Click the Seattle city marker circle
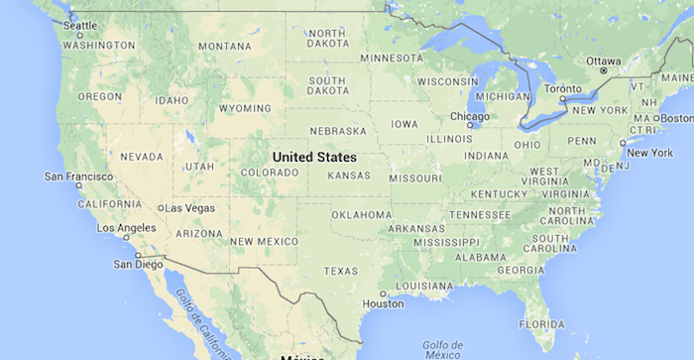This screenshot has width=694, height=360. coord(79,36)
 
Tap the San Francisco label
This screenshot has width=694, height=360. coord(77,176)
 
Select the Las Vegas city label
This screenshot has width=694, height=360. coord(189,208)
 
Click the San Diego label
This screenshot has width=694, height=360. coord(136,264)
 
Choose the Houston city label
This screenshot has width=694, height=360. coord(384,304)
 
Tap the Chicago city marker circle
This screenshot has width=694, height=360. coord(472,126)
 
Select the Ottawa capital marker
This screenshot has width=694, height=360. coord(603,71)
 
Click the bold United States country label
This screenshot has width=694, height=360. coord(314,157)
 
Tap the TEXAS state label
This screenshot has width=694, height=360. coord(341,271)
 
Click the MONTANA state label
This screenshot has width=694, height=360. coord(224,46)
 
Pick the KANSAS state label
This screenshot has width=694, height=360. coord(348,176)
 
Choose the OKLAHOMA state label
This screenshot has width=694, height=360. coord(361,214)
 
